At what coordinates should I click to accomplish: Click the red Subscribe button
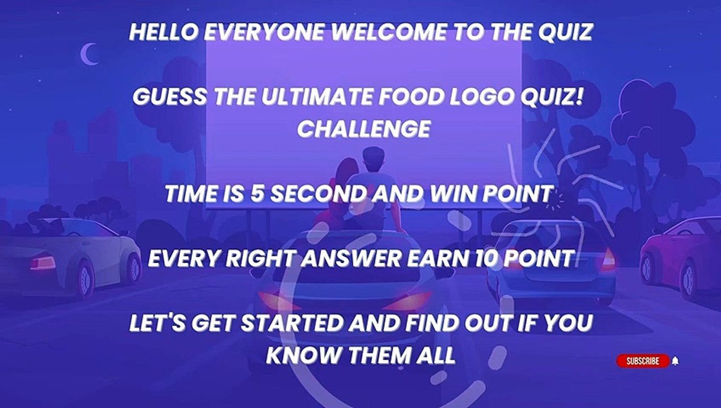coord(643,361)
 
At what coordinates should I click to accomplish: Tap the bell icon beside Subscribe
coord(675,361)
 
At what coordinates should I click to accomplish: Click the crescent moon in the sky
coord(88,54)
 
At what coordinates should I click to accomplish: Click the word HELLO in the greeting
coord(164,32)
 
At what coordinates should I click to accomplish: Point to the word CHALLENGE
coord(364,129)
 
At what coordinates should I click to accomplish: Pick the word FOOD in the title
coord(412,96)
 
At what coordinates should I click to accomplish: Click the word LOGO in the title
coord(483,96)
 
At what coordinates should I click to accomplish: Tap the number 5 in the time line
coord(257,194)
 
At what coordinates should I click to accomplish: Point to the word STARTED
coord(291,323)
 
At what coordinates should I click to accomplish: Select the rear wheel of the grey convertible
coord(84,278)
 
